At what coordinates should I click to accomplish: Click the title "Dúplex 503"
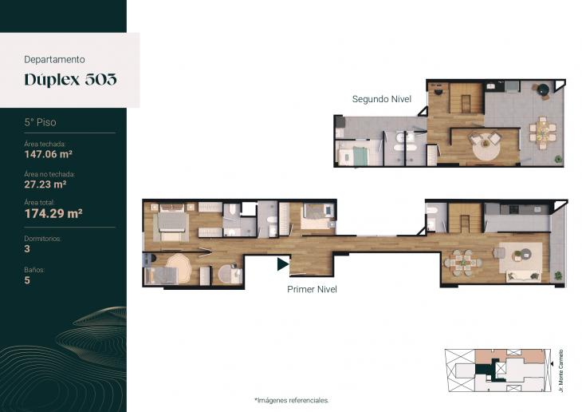pyautogui.click(x=70, y=79)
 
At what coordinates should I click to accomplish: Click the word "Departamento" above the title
pyautogui.click(x=55, y=59)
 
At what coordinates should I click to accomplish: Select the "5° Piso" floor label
pyautogui.click(x=41, y=123)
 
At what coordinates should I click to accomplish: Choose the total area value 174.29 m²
pyautogui.click(x=53, y=213)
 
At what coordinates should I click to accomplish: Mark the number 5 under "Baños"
pyautogui.click(x=27, y=280)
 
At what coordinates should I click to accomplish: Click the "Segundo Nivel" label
pyautogui.click(x=381, y=99)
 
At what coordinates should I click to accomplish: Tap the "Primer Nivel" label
pyautogui.click(x=312, y=289)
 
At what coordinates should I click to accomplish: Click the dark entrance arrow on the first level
pyautogui.click(x=282, y=263)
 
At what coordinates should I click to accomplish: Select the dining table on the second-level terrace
pyautogui.click(x=543, y=130)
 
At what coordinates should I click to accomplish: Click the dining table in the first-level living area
pyautogui.click(x=461, y=261)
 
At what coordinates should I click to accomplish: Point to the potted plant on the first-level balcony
pyautogui.click(x=558, y=275)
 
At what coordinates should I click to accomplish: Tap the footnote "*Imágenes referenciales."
pyautogui.click(x=291, y=400)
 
